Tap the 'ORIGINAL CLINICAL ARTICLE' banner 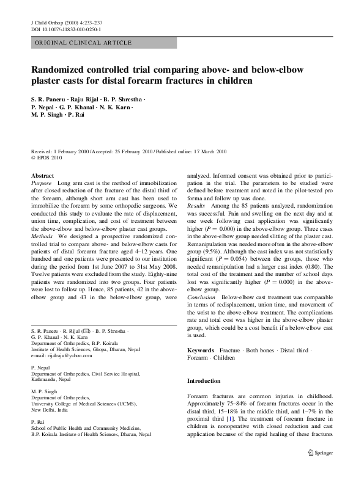(x=82, y=43)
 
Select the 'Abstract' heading (x=42, y=176)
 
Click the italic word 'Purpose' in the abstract (x=42, y=183)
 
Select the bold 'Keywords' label (x=201, y=350)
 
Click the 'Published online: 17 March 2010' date (x=191, y=150)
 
